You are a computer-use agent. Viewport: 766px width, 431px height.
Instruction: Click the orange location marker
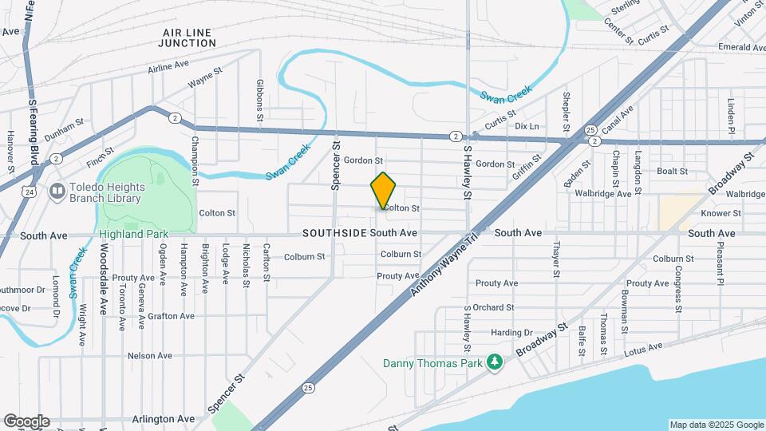(383, 191)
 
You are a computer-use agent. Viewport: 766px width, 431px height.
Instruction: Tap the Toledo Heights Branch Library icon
(57, 191)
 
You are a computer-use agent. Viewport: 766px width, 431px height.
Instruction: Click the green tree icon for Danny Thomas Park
(496, 363)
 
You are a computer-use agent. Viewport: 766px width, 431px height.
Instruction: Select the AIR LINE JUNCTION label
(187, 38)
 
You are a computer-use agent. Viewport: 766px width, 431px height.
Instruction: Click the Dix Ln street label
(527, 126)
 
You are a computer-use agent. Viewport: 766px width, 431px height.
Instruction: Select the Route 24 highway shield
(29, 192)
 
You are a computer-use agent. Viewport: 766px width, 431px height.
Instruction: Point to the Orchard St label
(493, 307)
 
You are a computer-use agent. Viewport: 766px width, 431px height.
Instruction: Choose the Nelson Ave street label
(150, 355)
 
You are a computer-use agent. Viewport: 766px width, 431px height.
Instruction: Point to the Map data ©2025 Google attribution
(716, 425)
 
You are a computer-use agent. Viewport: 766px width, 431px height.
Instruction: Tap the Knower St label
(721, 213)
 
